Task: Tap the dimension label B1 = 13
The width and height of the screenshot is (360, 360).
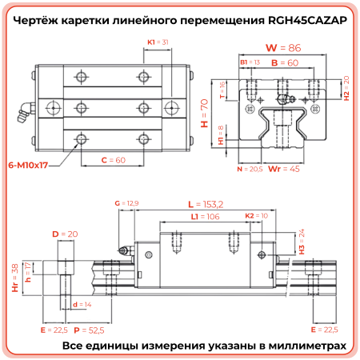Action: tap(250, 62)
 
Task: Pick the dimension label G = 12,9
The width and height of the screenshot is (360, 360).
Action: tap(128, 204)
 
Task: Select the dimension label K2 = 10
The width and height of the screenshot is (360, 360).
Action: tap(256, 216)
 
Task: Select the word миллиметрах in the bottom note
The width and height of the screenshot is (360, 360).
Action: tap(307, 346)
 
